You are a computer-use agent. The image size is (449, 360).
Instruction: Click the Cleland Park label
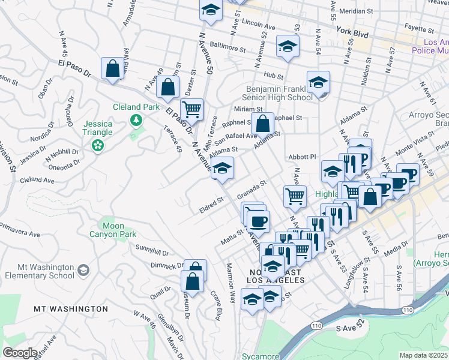137,107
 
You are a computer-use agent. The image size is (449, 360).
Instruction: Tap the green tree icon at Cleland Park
137,121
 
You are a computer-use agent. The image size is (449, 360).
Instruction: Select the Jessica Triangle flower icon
96,145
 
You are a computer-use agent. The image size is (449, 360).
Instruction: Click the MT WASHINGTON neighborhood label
71,309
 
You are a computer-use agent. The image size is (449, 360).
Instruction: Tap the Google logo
20,353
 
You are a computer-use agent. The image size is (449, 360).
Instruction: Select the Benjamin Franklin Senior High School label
275,93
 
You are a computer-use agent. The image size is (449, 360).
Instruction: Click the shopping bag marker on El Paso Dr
112,68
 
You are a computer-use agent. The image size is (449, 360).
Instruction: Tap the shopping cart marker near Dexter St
192,110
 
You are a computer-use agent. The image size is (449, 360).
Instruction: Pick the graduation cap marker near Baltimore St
288,47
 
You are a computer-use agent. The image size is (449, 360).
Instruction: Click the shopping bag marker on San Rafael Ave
262,124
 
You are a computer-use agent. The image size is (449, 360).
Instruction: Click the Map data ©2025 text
424,355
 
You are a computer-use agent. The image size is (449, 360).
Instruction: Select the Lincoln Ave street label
258,27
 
